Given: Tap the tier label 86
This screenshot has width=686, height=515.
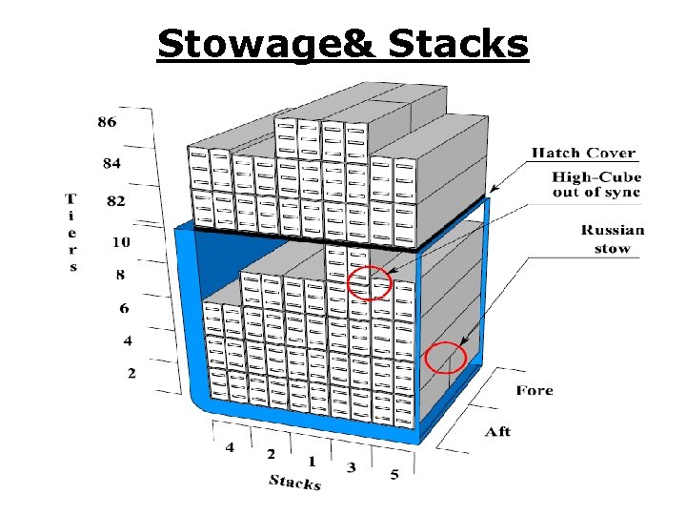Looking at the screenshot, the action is click(x=107, y=122).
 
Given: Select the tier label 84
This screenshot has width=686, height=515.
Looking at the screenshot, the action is click(x=111, y=163).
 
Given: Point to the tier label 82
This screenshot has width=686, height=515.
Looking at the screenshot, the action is click(x=114, y=202).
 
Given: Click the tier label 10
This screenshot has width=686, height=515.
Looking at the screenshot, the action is click(x=120, y=242).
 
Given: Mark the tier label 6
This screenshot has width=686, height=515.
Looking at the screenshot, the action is click(x=125, y=308).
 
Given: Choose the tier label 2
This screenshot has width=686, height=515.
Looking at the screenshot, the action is click(x=131, y=372).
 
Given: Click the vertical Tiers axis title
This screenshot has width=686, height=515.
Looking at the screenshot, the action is click(x=71, y=233).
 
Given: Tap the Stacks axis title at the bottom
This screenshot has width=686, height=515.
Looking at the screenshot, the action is click(x=293, y=482).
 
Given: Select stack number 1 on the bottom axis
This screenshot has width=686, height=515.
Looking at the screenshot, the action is click(x=312, y=462).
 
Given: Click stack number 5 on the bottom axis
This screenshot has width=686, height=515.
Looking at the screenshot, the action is click(x=394, y=474).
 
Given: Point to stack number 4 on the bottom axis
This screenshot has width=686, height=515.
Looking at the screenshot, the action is click(x=230, y=446).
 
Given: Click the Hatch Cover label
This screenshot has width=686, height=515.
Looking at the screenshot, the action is click(x=583, y=153).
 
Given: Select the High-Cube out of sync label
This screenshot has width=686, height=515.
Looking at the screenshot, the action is click(x=596, y=185).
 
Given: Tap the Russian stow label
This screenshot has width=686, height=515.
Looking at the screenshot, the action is click(x=613, y=239).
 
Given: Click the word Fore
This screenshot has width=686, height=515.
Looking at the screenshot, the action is click(x=535, y=390).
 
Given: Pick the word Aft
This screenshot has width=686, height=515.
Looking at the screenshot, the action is click(x=496, y=432).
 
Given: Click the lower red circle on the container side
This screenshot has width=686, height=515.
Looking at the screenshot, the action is click(x=445, y=359).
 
